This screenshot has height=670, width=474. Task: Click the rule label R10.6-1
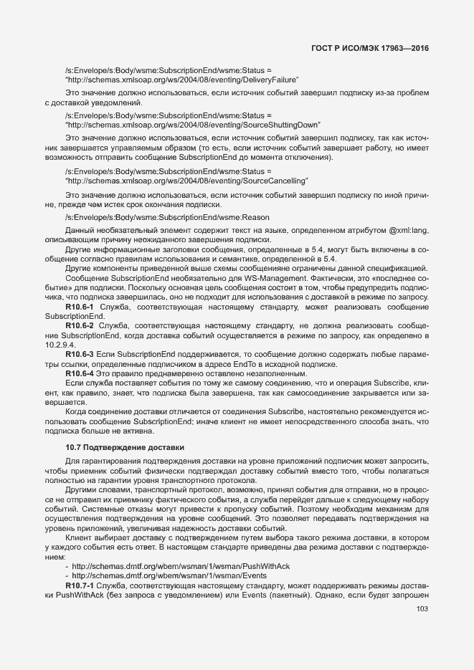coord(80,307)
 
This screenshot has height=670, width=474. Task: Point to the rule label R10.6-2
coord(80,325)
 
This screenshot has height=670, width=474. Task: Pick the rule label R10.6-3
coord(80,354)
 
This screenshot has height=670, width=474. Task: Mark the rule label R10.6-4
coord(80,373)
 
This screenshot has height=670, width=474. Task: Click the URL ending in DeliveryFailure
coord(181,80)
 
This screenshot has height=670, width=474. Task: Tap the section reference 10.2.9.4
coord(60,344)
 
